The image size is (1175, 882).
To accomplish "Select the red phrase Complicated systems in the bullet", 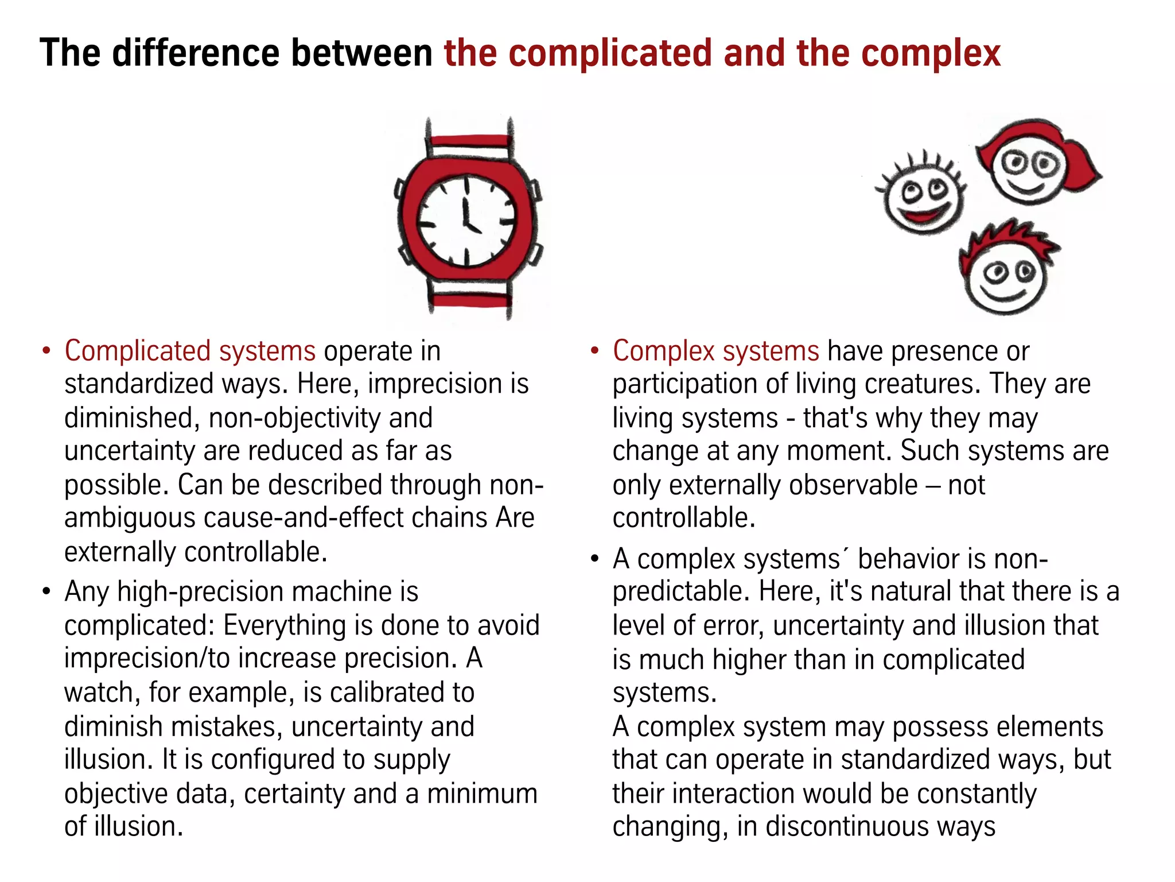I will (x=190, y=351).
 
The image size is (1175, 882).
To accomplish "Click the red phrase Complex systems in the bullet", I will (x=716, y=351).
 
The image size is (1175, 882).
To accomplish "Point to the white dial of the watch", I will (x=466, y=221).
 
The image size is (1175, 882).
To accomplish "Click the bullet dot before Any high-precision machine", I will (x=46, y=591).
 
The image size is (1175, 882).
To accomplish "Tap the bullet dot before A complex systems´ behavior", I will (x=595, y=559).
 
